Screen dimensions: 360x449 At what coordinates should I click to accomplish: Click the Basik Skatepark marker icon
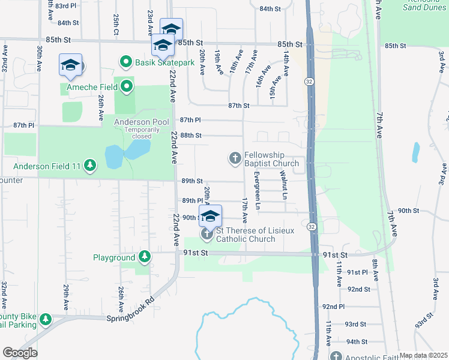coord(126,61)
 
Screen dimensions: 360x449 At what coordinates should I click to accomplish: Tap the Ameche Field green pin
coord(127,88)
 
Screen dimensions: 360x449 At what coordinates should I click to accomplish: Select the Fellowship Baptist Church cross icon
coord(235,158)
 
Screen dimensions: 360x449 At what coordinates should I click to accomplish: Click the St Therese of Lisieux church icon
coord(207,233)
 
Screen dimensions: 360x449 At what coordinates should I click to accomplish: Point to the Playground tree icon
coord(145,257)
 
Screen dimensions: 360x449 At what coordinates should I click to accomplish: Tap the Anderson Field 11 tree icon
coord(90,164)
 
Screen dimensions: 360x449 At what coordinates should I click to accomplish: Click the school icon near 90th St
coord(210,216)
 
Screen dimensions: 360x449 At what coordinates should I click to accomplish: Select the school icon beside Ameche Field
coord(70,65)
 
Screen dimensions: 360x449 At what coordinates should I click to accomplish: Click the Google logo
coord(20,353)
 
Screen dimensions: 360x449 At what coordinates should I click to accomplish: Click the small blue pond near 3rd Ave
coord(415,152)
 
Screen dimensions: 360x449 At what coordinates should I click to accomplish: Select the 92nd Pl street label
coord(333,307)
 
